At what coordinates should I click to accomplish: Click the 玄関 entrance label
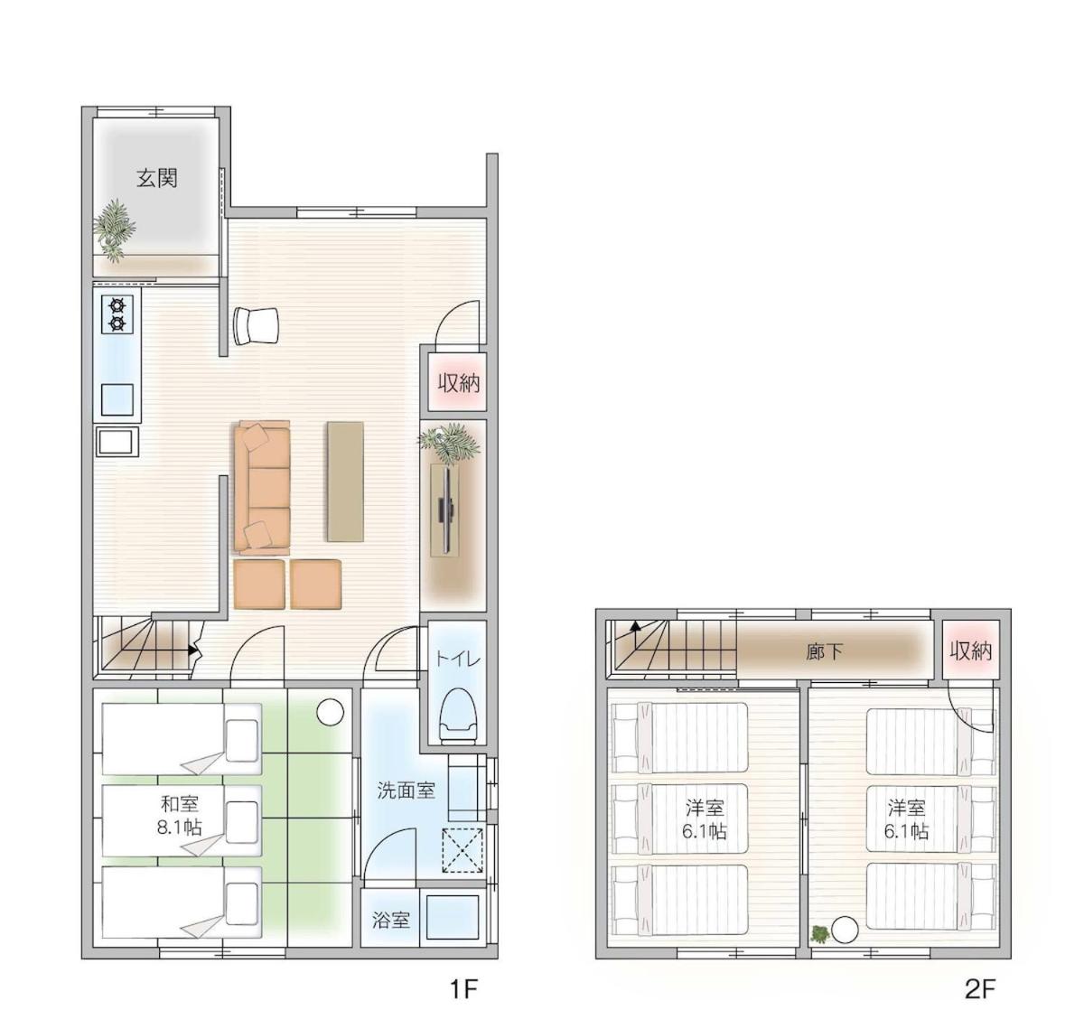157,178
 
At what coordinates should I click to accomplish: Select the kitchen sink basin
117,399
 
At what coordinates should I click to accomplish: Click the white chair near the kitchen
256,326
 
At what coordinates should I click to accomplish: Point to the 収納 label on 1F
459,383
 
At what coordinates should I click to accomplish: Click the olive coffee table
346,482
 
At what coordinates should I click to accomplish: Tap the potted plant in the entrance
114,230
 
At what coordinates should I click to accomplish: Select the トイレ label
458,659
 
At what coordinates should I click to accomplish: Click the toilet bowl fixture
458,716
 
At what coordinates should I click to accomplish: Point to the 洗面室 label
406,790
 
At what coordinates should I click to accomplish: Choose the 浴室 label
391,920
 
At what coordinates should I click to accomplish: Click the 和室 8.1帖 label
179,816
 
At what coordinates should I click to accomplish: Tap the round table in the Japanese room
331,712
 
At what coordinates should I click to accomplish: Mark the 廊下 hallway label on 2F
825,651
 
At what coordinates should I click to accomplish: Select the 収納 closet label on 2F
970,651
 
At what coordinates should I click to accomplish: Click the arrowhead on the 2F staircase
636,626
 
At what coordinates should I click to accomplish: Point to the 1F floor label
463,990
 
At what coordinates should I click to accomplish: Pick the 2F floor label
980,990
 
